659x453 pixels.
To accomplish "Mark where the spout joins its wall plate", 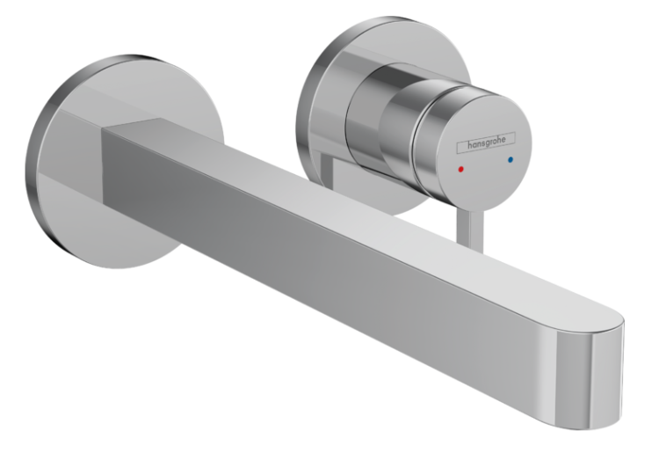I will click(107, 167).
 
